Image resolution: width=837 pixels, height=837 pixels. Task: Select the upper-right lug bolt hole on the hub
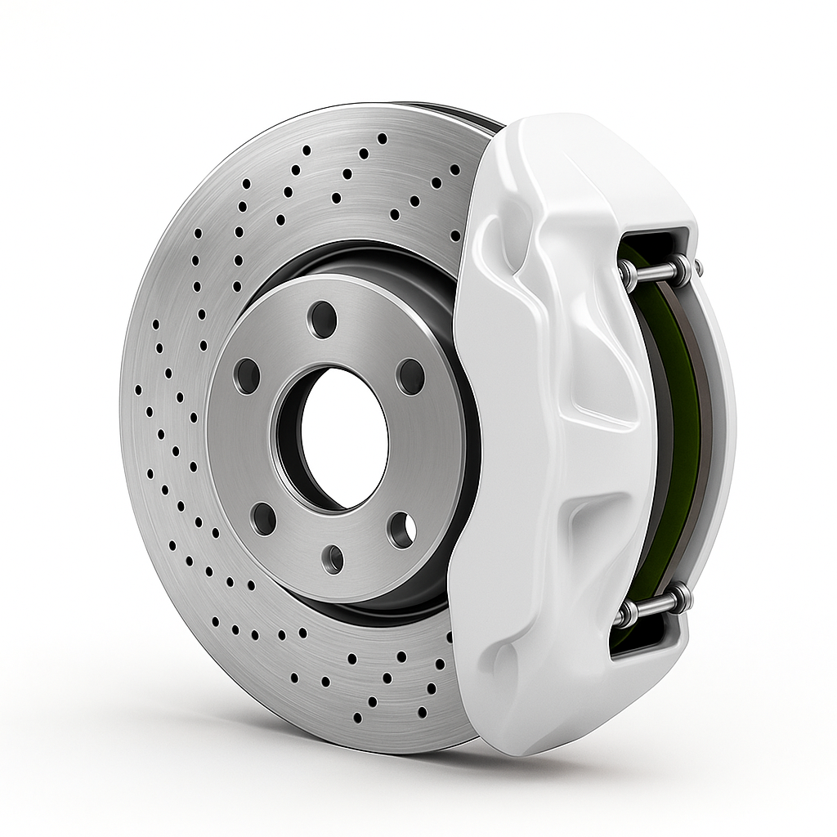410,376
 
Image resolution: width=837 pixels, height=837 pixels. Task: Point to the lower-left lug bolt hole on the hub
263,519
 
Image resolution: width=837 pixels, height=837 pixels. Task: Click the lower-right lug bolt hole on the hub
401,530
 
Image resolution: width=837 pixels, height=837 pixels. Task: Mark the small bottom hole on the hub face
333,558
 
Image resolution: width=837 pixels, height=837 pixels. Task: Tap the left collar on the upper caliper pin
628,273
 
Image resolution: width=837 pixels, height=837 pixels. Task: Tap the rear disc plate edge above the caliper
466,114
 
